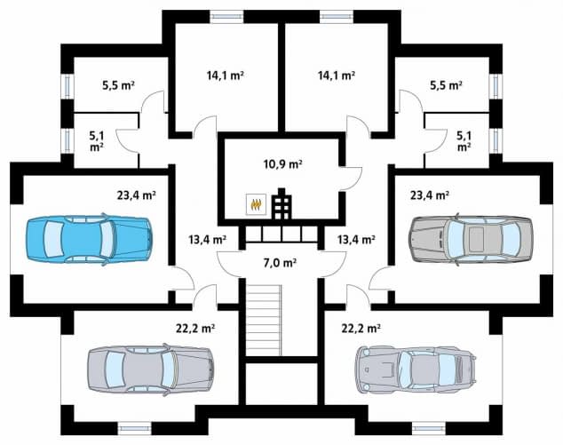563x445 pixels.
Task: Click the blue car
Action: point(89,239)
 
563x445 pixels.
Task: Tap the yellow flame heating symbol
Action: point(256,204)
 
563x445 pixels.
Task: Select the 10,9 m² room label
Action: point(282,164)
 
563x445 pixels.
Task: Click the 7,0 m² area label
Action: point(280,263)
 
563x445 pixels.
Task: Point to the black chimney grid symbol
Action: point(281,203)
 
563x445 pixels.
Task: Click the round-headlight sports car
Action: point(416,370)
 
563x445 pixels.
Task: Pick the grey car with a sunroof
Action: point(471,239)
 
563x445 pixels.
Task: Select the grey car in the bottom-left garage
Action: point(151,370)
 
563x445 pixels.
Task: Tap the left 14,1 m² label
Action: point(226,75)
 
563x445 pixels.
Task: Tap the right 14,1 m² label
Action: point(337,75)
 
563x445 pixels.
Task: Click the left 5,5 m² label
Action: point(118,85)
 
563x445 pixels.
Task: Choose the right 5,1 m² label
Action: point(464,141)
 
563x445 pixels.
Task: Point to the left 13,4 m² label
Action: point(207,239)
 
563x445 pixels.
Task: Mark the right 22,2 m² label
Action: point(361,329)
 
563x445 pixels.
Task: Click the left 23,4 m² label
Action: point(136,195)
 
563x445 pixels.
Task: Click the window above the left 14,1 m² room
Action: point(226,17)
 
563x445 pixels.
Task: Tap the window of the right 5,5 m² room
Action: point(496,86)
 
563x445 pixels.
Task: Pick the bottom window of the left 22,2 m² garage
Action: point(135,428)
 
